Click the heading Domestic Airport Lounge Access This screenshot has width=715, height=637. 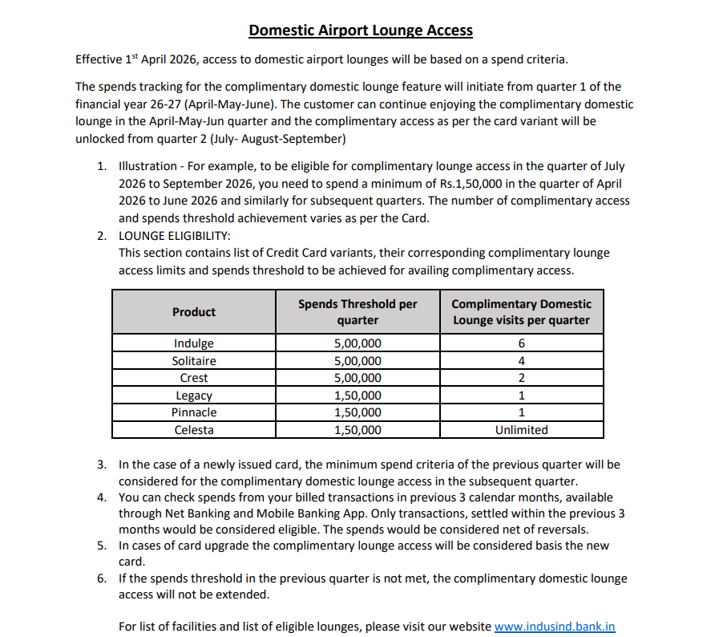[360, 30]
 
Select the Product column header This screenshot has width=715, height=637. [194, 312]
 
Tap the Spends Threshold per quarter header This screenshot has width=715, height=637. [357, 312]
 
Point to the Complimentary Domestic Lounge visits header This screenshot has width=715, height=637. [521, 312]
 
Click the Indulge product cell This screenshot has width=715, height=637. [194, 343]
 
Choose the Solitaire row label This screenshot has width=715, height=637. [194, 361]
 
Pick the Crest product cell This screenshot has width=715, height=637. [194, 378]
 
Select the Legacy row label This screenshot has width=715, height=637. [194, 396]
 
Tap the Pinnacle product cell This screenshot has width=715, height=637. [194, 412]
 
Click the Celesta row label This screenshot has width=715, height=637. [194, 430]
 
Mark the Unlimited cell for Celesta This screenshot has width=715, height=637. [521, 430]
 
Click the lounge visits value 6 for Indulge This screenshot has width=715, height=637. [521, 343]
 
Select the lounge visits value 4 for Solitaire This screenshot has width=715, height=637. [521, 361]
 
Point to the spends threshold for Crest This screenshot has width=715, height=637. [357, 378]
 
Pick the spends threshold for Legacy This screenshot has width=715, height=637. [357, 396]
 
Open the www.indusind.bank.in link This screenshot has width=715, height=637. [555, 627]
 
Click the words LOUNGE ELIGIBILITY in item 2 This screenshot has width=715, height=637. [174, 236]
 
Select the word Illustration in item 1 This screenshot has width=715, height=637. [147, 166]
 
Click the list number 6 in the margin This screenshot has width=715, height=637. [102, 578]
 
